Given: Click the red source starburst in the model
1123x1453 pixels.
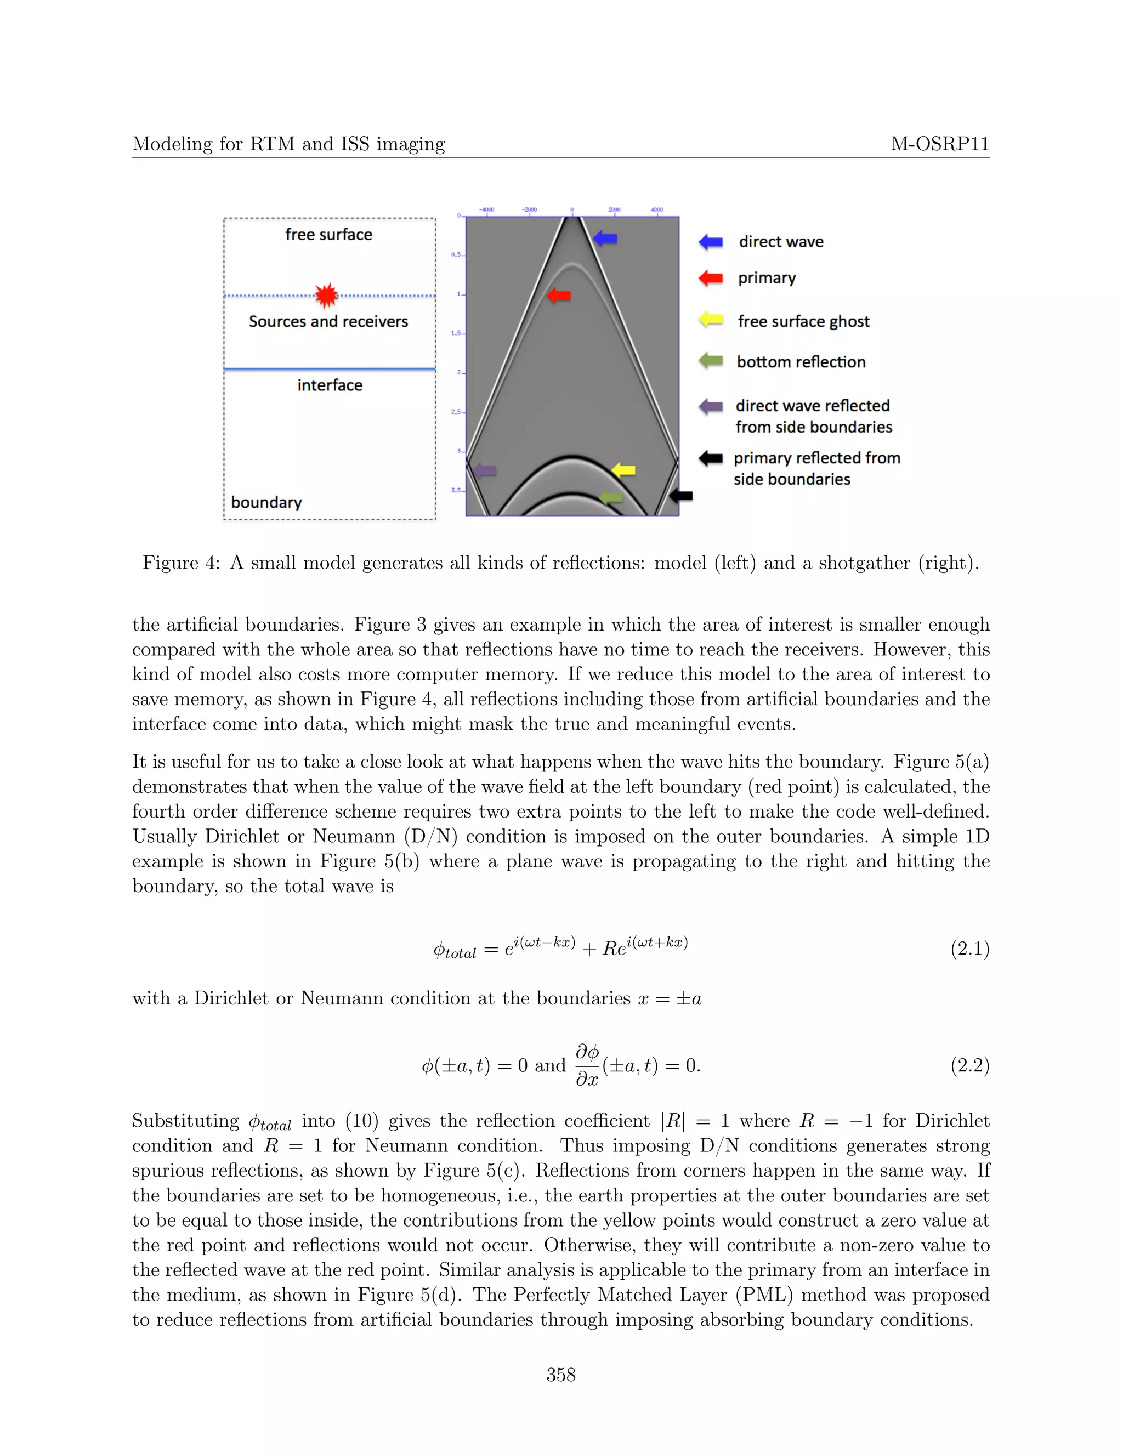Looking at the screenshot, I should pyautogui.click(x=326, y=296).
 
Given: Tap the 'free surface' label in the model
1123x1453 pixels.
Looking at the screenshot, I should pyautogui.click(x=328, y=234).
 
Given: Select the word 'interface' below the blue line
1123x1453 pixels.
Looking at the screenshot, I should pyautogui.click(x=330, y=385).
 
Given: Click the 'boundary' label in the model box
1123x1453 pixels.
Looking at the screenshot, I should pyautogui.click(x=266, y=502).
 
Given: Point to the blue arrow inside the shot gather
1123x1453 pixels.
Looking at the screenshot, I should pyautogui.click(x=605, y=238).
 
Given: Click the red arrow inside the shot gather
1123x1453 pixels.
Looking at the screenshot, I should pyautogui.click(x=559, y=295).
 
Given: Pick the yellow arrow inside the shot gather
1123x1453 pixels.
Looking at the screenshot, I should pyautogui.click(x=623, y=470).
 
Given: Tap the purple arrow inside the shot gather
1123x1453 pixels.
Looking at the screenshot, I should pyautogui.click(x=484, y=470).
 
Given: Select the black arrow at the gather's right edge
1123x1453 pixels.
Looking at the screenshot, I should pyautogui.click(x=680, y=496).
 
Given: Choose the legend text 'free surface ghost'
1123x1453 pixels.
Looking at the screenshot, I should pyautogui.click(x=803, y=321).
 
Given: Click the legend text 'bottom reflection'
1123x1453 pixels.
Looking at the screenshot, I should pyautogui.click(x=801, y=362).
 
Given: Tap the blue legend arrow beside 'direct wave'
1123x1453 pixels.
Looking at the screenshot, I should pyautogui.click(x=711, y=241).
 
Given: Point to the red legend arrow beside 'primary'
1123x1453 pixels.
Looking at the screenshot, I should pyautogui.click(x=711, y=278).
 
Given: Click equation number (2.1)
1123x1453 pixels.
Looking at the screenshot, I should pyautogui.click(x=969, y=949).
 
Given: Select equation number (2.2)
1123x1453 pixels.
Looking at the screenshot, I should pyautogui.click(x=969, y=1065).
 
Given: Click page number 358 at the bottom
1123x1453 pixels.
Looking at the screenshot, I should pyautogui.click(x=561, y=1375).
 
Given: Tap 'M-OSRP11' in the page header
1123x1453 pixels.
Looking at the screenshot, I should pyautogui.click(x=939, y=144).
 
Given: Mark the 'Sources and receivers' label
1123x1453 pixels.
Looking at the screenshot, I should pyautogui.click(x=328, y=321).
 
